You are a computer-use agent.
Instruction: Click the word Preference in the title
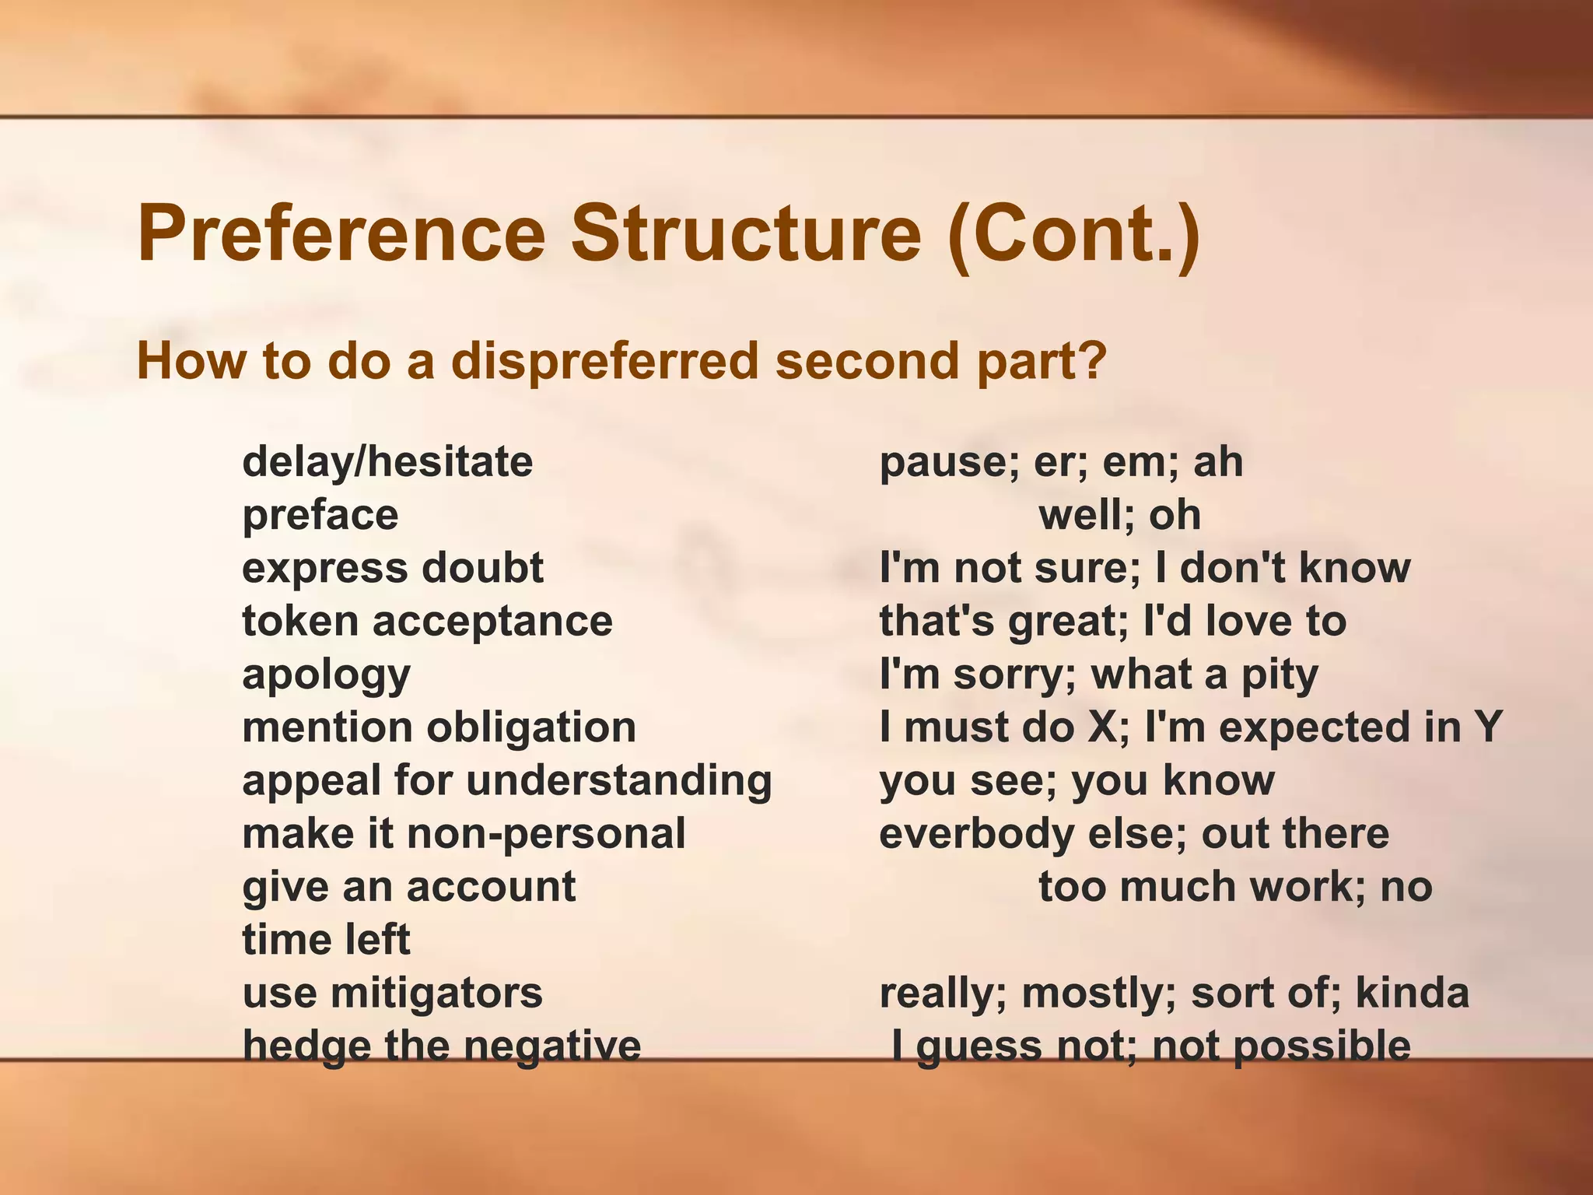(x=341, y=233)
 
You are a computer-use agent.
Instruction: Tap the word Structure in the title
(x=746, y=233)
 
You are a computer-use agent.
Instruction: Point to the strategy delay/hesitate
(x=387, y=462)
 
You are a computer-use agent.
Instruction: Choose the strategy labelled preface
(x=320, y=516)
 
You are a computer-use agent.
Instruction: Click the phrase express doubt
(x=393, y=569)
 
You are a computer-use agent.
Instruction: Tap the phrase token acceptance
(x=427, y=622)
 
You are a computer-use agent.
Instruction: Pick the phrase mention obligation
(x=439, y=728)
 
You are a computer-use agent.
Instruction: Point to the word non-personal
(x=546, y=834)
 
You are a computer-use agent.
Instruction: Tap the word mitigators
(x=436, y=993)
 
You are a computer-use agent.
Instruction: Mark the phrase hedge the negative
(x=441, y=1046)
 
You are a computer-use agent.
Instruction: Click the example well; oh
(x=1119, y=516)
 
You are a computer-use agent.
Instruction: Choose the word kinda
(x=1412, y=993)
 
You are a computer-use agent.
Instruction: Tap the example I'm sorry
(x=971, y=675)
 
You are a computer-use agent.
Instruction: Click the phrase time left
(x=326, y=940)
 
